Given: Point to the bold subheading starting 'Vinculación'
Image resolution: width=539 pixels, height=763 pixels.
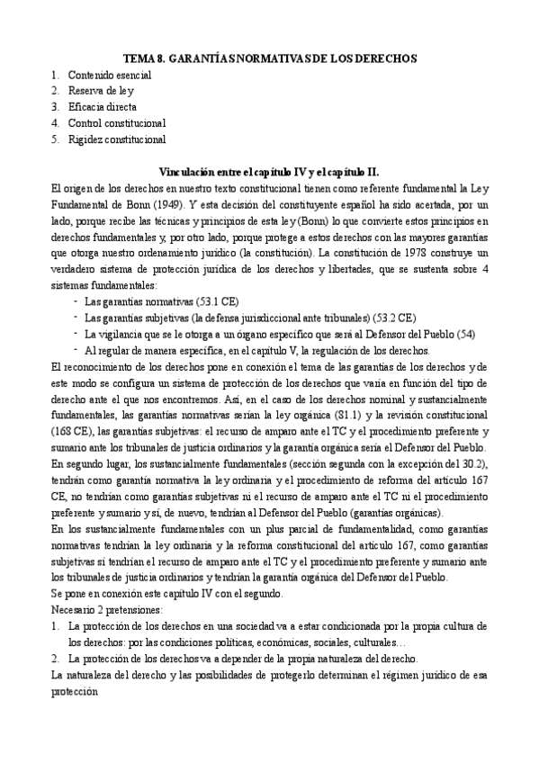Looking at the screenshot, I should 269,171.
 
